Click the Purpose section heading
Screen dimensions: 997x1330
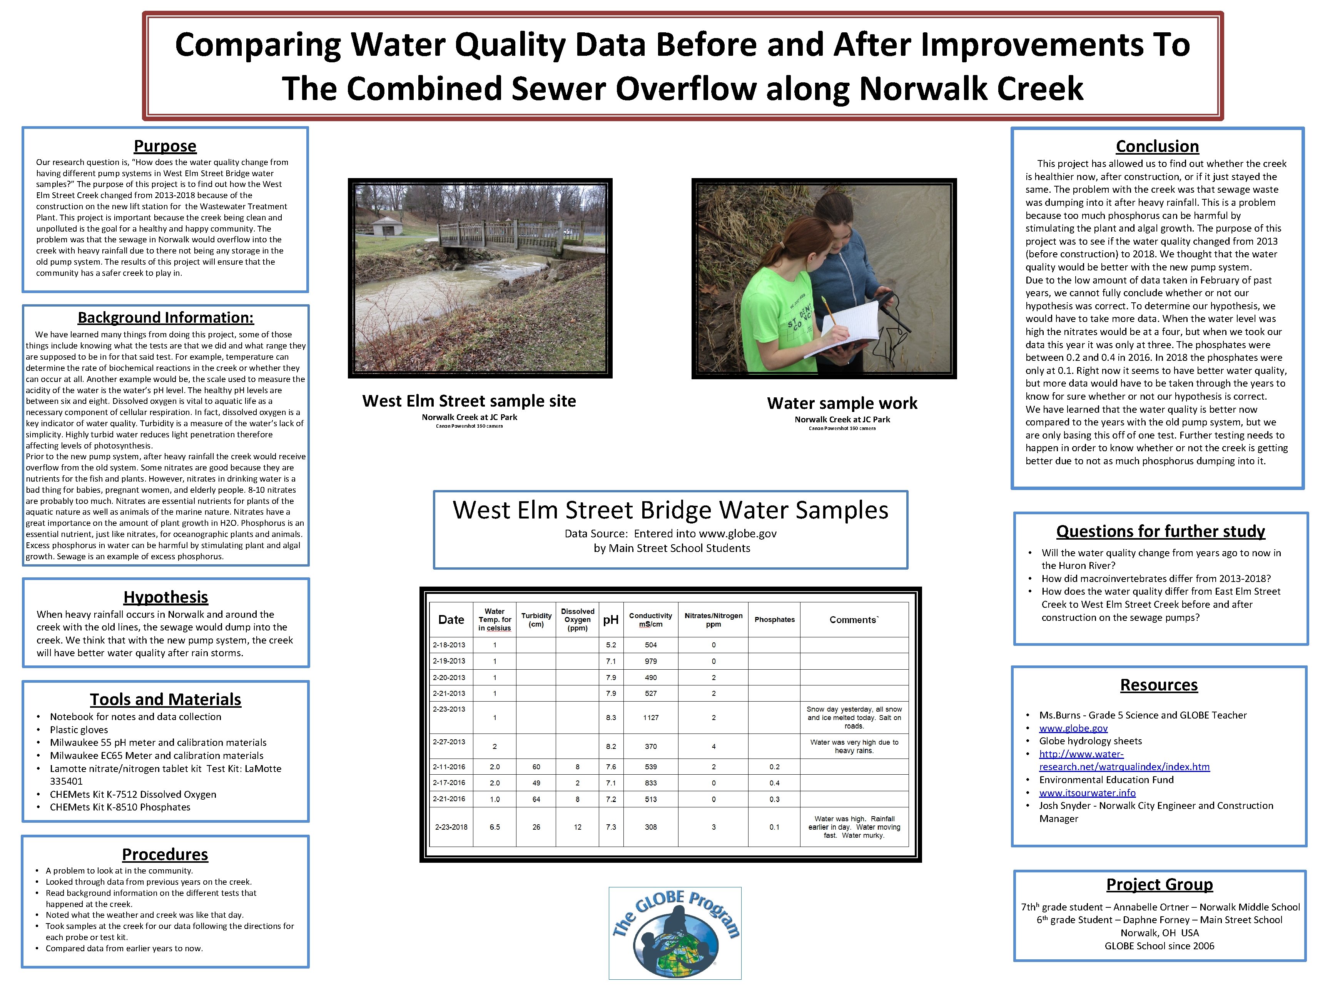pos(165,146)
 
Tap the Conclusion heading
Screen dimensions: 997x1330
pos(1157,147)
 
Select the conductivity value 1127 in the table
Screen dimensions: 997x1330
pos(651,717)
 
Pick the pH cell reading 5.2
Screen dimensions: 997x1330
pos(610,645)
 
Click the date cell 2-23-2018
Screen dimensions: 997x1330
pos(451,827)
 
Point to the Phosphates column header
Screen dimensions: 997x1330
pos(774,620)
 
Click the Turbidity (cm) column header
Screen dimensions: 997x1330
pos(536,620)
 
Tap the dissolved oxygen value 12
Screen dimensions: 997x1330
pos(577,827)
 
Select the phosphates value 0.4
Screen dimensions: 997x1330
pos(774,783)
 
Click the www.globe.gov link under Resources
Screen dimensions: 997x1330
pos(1073,729)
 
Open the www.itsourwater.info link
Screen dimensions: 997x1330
pos(1087,793)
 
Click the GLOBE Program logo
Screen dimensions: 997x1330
pos(675,933)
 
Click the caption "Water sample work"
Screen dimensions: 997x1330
pos(842,403)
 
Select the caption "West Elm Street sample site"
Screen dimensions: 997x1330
pos(469,401)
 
